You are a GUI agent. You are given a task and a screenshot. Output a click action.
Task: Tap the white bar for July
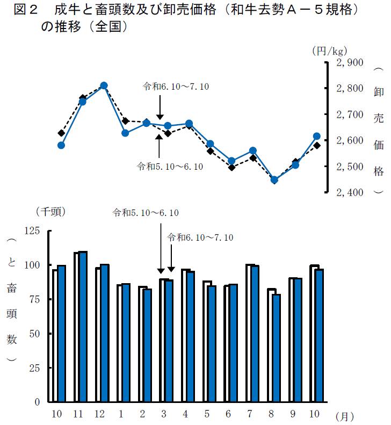249,333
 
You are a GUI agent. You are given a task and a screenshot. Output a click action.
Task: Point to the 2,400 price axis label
349,192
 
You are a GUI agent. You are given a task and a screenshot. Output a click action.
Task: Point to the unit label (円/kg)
329,51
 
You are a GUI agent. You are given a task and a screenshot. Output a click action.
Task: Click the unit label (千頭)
50,212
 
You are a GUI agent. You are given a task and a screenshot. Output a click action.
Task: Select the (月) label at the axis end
344,416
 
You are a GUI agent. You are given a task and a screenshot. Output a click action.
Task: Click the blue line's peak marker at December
104,85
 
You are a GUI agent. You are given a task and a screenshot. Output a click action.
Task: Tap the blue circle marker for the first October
61,145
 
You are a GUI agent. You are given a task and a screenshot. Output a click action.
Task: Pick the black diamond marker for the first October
61,133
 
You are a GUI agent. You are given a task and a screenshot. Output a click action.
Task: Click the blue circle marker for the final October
317,136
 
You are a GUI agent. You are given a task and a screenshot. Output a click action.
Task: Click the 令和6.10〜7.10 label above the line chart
176,87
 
